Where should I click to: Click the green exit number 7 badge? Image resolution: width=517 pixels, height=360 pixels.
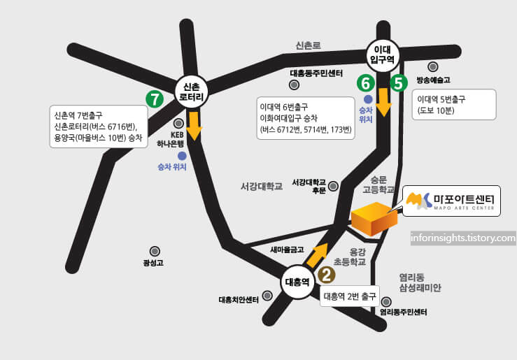pos(154,99)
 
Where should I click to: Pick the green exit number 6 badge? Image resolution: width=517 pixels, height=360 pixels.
pos(364,83)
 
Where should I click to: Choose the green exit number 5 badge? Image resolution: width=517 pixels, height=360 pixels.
pos(399,83)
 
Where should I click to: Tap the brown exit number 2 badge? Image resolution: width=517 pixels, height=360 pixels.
pos(326,275)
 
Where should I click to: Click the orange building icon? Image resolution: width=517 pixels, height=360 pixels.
pos(374,218)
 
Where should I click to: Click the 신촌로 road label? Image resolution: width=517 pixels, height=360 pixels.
pos(308,45)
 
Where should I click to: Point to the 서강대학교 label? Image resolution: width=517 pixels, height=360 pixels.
pos(261,187)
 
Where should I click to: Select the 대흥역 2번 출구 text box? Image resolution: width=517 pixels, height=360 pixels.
pos(351,295)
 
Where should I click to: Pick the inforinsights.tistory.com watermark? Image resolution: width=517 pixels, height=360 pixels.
pos(463,238)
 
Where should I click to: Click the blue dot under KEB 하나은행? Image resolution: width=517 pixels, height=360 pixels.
pos(182,155)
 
